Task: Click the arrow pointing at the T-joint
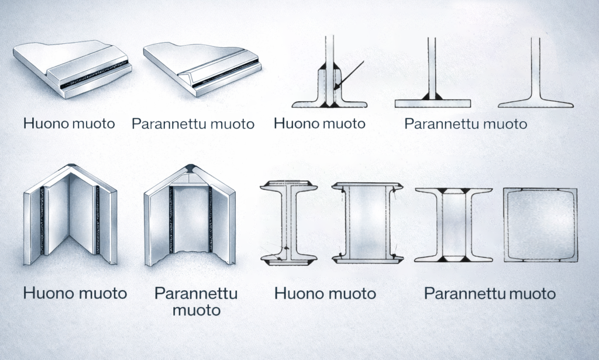point(349,76)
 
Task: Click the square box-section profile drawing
point(541,225)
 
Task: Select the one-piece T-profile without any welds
point(536,73)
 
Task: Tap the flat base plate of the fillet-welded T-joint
point(433,104)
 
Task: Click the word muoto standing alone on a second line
point(197,310)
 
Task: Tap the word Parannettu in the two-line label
point(196,293)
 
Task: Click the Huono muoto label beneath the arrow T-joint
point(320,124)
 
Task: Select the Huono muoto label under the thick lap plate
point(69,124)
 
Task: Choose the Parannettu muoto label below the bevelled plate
point(193,124)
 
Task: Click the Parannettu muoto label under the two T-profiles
point(466,124)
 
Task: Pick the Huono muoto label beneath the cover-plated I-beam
point(325,293)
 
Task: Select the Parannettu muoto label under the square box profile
point(490,293)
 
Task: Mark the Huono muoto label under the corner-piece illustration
point(75,293)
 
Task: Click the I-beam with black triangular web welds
point(453,225)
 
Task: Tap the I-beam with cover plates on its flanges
point(289,223)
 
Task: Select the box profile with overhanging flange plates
point(367,223)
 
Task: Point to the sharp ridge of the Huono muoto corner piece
point(71,166)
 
